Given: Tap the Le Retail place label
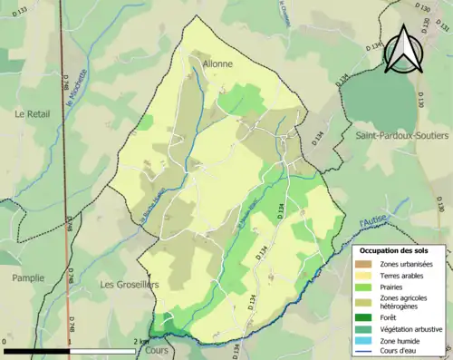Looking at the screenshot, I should [x=34, y=113].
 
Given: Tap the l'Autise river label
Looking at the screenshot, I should [x=371, y=220].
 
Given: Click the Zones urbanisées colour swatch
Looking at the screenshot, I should [x=365, y=264].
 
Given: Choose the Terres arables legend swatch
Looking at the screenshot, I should [x=365, y=276].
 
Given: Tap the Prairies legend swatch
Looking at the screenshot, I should [x=365, y=287].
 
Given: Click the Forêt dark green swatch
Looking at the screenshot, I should [x=365, y=317].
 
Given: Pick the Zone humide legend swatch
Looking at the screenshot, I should [x=365, y=341].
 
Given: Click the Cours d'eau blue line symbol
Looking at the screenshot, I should [x=365, y=353].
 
